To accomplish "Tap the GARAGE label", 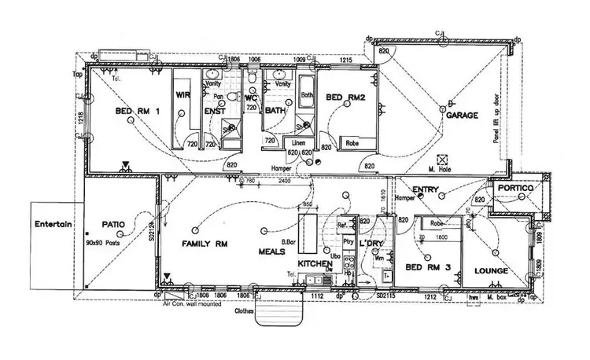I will coord(463,116).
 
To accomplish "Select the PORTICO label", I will coord(516,189).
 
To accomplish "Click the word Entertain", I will coord(53,224).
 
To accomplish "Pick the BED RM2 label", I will coord(345,97).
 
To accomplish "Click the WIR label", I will coord(185,96).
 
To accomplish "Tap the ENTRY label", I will coord(425,189).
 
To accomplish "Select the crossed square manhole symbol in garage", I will coord(442,158).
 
